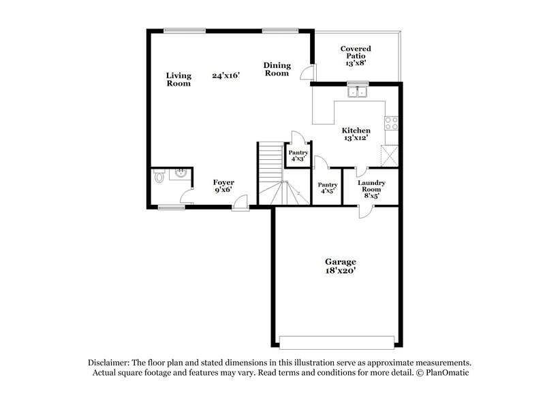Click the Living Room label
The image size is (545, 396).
(x=179, y=80)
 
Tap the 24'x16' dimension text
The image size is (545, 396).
(x=226, y=76)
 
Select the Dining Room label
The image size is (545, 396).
(x=277, y=69)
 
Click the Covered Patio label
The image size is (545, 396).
(x=356, y=54)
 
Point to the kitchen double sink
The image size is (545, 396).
(x=357, y=91)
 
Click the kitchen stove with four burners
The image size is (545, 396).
(x=392, y=123)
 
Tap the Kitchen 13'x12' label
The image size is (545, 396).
(x=356, y=134)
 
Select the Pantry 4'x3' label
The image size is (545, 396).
(x=298, y=156)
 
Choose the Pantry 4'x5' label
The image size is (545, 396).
(x=328, y=188)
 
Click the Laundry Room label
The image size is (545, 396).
(x=372, y=188)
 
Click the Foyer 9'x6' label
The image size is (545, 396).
(x=223, y=186)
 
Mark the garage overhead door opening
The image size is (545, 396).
(x=337, y=340)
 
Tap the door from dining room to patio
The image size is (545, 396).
(x=310, y=71)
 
